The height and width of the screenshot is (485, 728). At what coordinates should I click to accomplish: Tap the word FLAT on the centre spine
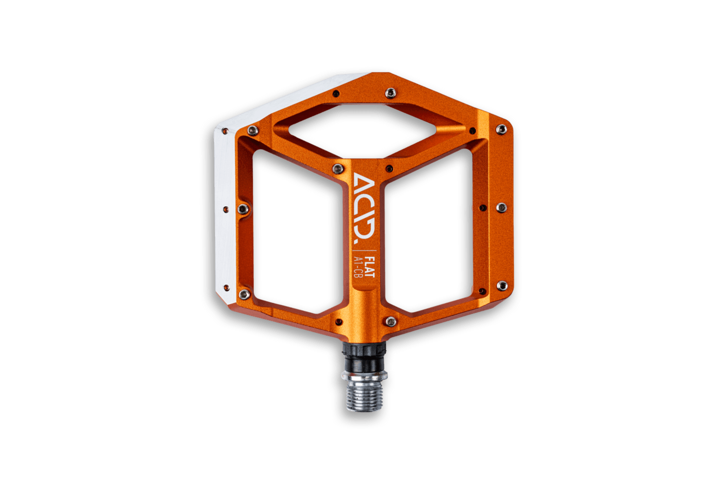(x=370, y=267)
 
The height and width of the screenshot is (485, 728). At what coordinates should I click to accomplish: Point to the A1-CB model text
(x=358, y=267)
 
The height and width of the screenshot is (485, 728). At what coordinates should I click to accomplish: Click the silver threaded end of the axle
(x=365, y=395)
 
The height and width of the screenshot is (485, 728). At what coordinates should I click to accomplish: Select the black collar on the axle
(x=364, y=357)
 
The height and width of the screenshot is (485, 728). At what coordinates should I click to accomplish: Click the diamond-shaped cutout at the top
(x=362, y=131)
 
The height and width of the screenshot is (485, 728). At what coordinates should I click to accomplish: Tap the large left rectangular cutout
(x=298, y=231)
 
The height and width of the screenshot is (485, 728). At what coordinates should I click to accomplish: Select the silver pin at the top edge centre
(x=391, y=93)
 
